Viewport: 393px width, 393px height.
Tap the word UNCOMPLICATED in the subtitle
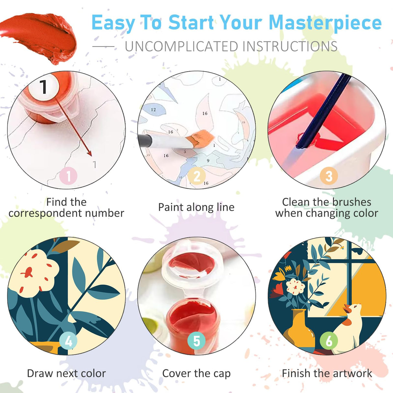pos(182,47)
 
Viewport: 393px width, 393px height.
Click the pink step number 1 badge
pos(68,176)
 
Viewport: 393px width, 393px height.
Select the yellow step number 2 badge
pos(197,176)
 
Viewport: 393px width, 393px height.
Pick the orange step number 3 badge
pos(329,176)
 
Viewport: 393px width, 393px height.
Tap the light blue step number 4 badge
pos(68,341)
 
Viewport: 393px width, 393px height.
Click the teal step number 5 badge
pos(196,341)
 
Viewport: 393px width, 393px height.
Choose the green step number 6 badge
pos(329,341)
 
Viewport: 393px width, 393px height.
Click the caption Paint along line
pos(196,207)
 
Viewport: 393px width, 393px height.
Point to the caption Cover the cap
pos(196,373)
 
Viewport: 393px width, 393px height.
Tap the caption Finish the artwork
pos(327,373)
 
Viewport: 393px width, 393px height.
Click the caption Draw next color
pos(66,373)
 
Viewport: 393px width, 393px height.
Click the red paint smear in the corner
pos(42,36)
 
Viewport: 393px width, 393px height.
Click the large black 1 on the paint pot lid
pos(43,86)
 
